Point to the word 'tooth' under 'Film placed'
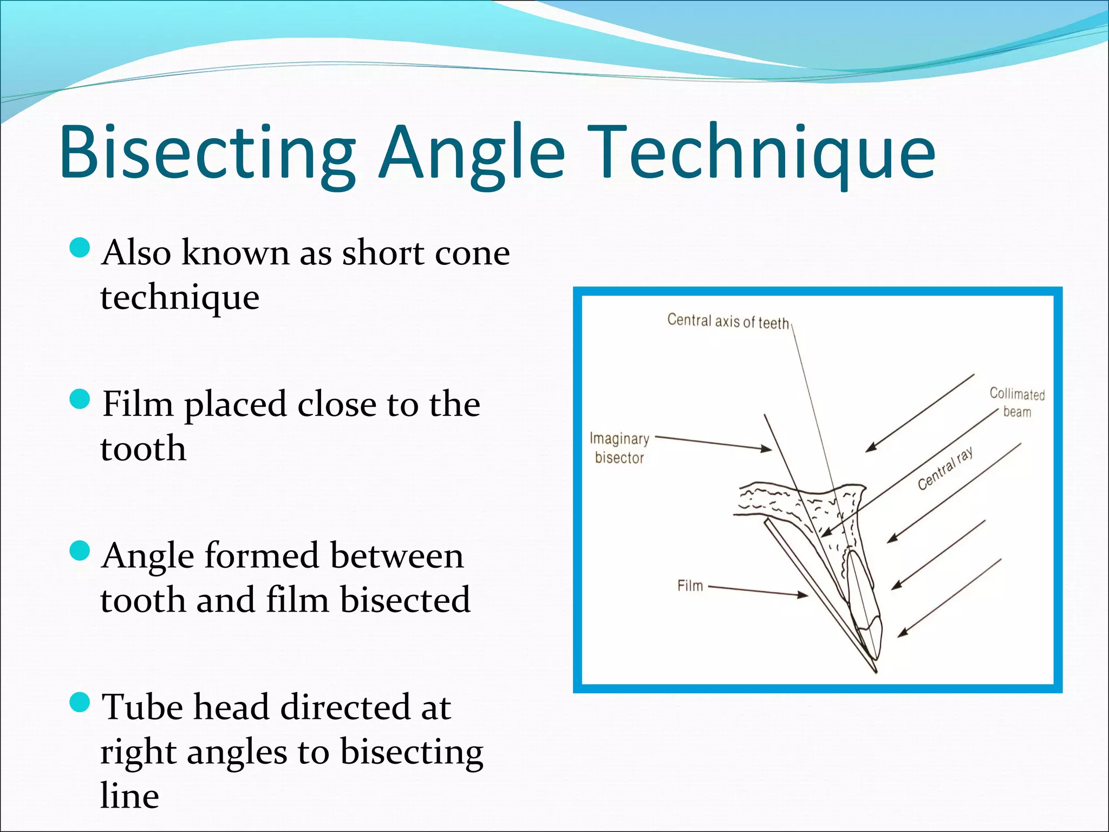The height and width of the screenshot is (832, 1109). click(143, 449)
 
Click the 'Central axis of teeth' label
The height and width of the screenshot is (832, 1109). click(728, 321)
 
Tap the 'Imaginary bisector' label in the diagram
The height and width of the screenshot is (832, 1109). click(619, 448)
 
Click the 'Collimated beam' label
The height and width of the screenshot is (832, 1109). click(1017, 402)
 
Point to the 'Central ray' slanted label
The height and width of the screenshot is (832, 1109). click(945, 469)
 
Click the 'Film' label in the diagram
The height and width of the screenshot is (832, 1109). click(690, 586)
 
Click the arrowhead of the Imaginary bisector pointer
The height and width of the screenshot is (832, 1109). click(768, 449)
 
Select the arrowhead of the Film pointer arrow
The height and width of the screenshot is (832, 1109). click(804, 595)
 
